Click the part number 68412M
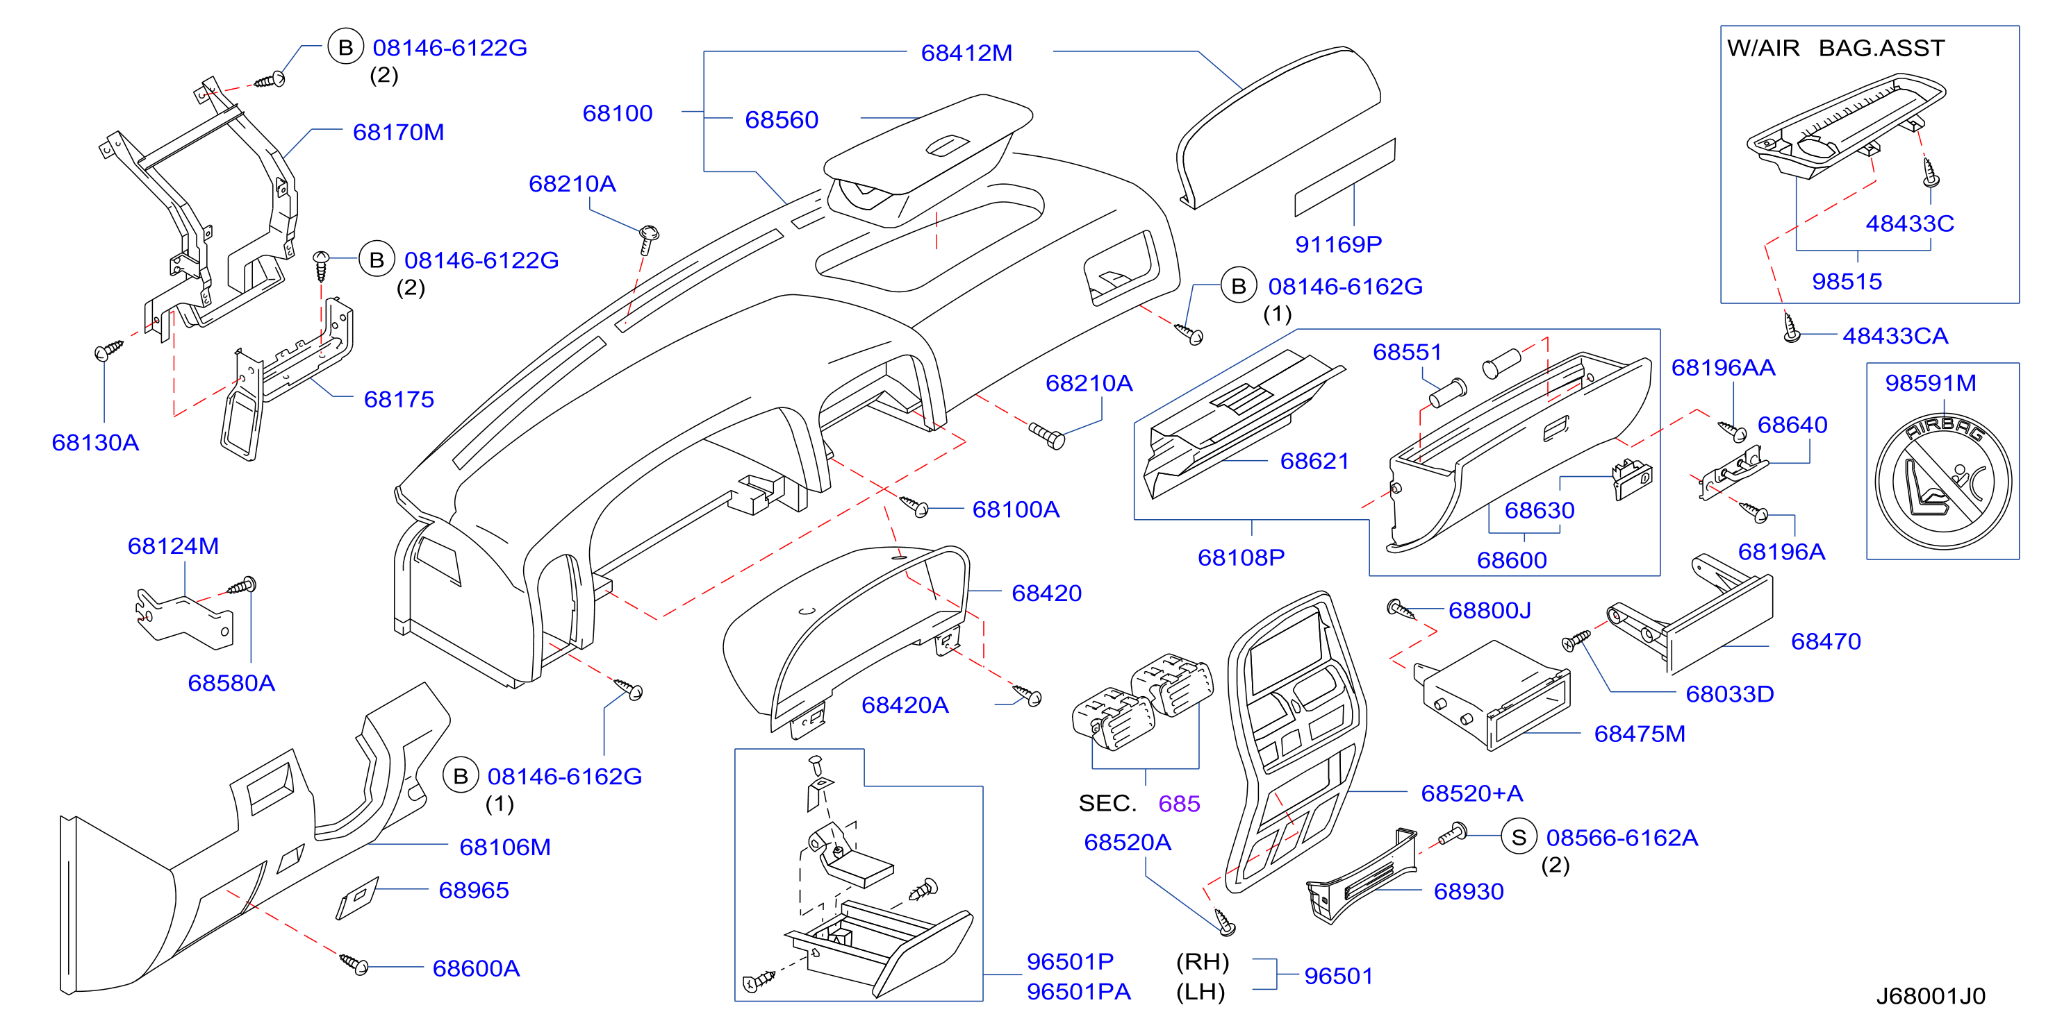click(966, 53)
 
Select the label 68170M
click(398, 132)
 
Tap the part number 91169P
click(1338, 244)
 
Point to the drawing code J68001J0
click(1930, 996)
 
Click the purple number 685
click(1178, 804)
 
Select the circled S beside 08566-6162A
click(1519, 838)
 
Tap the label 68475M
click(1640, 734)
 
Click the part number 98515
click(1847, 281)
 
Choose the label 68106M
click(505, 847)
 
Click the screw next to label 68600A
click(354, 963)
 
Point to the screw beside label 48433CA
click(1791, 328)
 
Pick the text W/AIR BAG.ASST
click(1835, 48)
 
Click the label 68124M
click(173, 546)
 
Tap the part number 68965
click(474, 890)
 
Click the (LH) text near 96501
click(1200, 993)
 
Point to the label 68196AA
click(1723, 367)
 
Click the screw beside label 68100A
click(914, 505)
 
